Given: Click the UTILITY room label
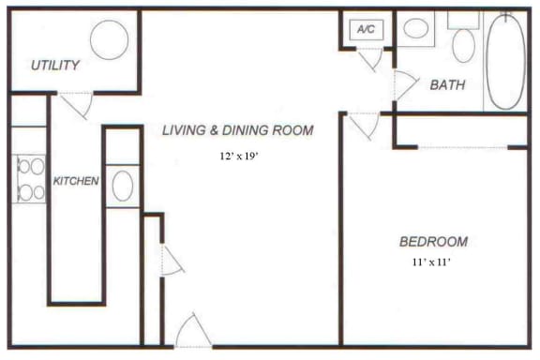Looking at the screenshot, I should click(x=54, y=66).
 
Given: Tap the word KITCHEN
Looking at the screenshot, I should click(x=76, y=180).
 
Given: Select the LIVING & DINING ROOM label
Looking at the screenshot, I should click(x=237, y=130).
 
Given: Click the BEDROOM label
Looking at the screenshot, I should click(x=432, y=241).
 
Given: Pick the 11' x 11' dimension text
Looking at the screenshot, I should click(x=432, y=263).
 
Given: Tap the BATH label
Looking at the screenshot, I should click(x=448, y=85).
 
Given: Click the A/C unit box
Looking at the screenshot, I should click(x=366, y=29).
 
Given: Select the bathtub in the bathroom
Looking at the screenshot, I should click(x=506, y=61).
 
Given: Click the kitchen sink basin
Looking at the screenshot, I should click(x=122, y=186).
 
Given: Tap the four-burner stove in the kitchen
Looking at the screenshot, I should click(x=29, y=179).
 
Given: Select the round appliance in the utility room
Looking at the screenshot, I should click(x=110, y=39).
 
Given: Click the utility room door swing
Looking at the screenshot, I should click(x=79, y=104).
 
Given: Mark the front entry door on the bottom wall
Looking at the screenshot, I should click(x=193, y=332).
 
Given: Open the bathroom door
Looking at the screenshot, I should click(x=404, y=85).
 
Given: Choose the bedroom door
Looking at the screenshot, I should click(x=363, y=124).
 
